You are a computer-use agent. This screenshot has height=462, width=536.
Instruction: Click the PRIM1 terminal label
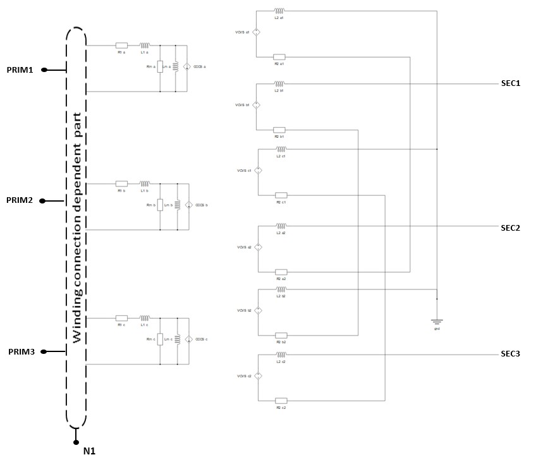pos(20,70)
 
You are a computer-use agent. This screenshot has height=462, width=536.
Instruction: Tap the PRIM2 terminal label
pos(20,200)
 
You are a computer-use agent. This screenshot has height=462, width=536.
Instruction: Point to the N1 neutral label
pos(89,451)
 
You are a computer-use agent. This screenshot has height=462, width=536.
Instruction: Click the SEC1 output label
pos(509,83)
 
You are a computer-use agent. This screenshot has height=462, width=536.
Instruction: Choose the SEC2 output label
pos(509,228)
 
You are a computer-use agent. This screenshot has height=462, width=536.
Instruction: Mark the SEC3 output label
pos(509,353)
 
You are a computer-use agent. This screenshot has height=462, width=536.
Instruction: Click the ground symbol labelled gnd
pos(436,322)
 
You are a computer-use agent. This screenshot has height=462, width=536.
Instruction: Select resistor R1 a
pos(121,46)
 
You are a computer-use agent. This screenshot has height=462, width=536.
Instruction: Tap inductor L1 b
pos(145,183)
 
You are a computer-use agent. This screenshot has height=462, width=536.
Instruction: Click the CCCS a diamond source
pos(187,66)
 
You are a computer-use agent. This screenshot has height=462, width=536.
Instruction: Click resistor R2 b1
pos(279,130)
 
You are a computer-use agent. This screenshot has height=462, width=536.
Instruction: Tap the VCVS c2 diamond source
pos(258,376)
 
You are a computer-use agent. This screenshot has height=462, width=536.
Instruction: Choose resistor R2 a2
pos(281,272)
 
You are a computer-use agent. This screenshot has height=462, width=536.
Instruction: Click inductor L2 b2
pos(281,289)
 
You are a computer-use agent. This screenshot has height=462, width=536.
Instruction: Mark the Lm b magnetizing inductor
pos(178,205)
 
